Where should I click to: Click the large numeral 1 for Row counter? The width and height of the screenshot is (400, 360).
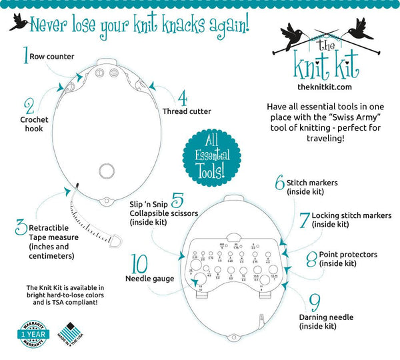click(26, 54)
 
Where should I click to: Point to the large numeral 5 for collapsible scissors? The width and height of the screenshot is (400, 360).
click(177, 199)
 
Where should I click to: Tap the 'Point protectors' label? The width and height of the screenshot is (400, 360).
click(348, 255)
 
